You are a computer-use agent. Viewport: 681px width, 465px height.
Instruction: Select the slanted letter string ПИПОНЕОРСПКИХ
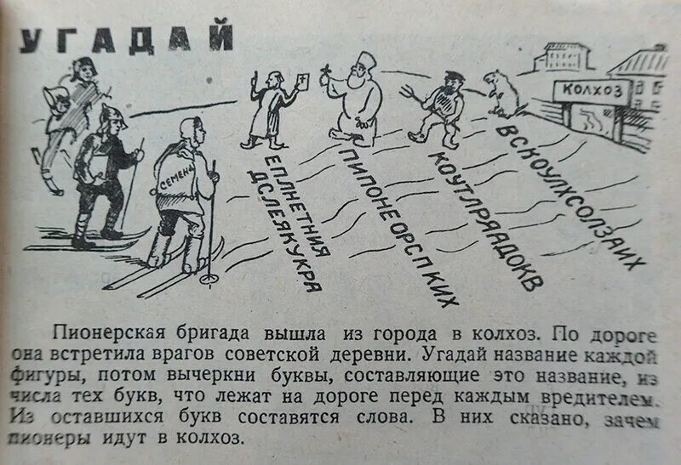pyautogui.click(x=400, y=225)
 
